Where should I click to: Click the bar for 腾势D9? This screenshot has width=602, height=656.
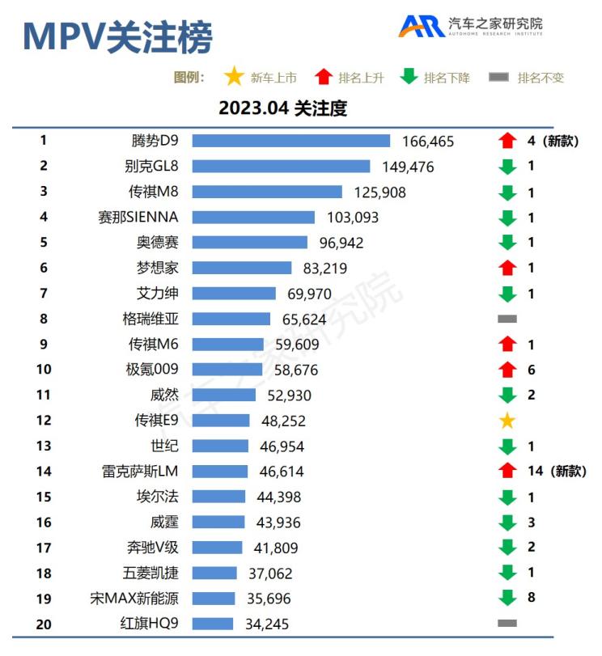[x=291, y=141]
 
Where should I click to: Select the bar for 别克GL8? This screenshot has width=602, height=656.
[x=281, y=167]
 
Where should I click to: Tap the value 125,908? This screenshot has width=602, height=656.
[x=380, y=193]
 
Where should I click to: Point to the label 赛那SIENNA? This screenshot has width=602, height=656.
[x=138, y=217]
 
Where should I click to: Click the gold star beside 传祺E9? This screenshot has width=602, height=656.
[x=507, y=421]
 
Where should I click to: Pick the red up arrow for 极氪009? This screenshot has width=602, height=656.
[x=507, y=370]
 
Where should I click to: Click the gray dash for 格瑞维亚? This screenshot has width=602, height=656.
[x=507, y=319]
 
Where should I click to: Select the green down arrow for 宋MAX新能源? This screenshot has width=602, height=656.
[x=507, y=599]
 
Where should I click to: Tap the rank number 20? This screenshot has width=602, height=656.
[x=44, y=624]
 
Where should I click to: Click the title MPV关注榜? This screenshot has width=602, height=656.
[x=118, y=36]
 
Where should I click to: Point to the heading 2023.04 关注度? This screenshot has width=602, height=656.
[x=282, y=108]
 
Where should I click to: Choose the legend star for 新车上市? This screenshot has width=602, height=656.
[x=234, y=78]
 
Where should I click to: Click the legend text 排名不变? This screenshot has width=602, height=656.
[x=541, y=78]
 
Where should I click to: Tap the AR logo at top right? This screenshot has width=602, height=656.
[x=421, y=26]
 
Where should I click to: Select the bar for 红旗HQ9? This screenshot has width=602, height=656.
[x=213, y=624]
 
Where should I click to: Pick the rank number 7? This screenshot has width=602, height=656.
[x=44, y=293]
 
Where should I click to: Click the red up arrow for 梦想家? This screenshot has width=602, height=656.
[x=507, y=268]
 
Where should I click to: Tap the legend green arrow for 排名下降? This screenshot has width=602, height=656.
[x=409, y=78]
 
